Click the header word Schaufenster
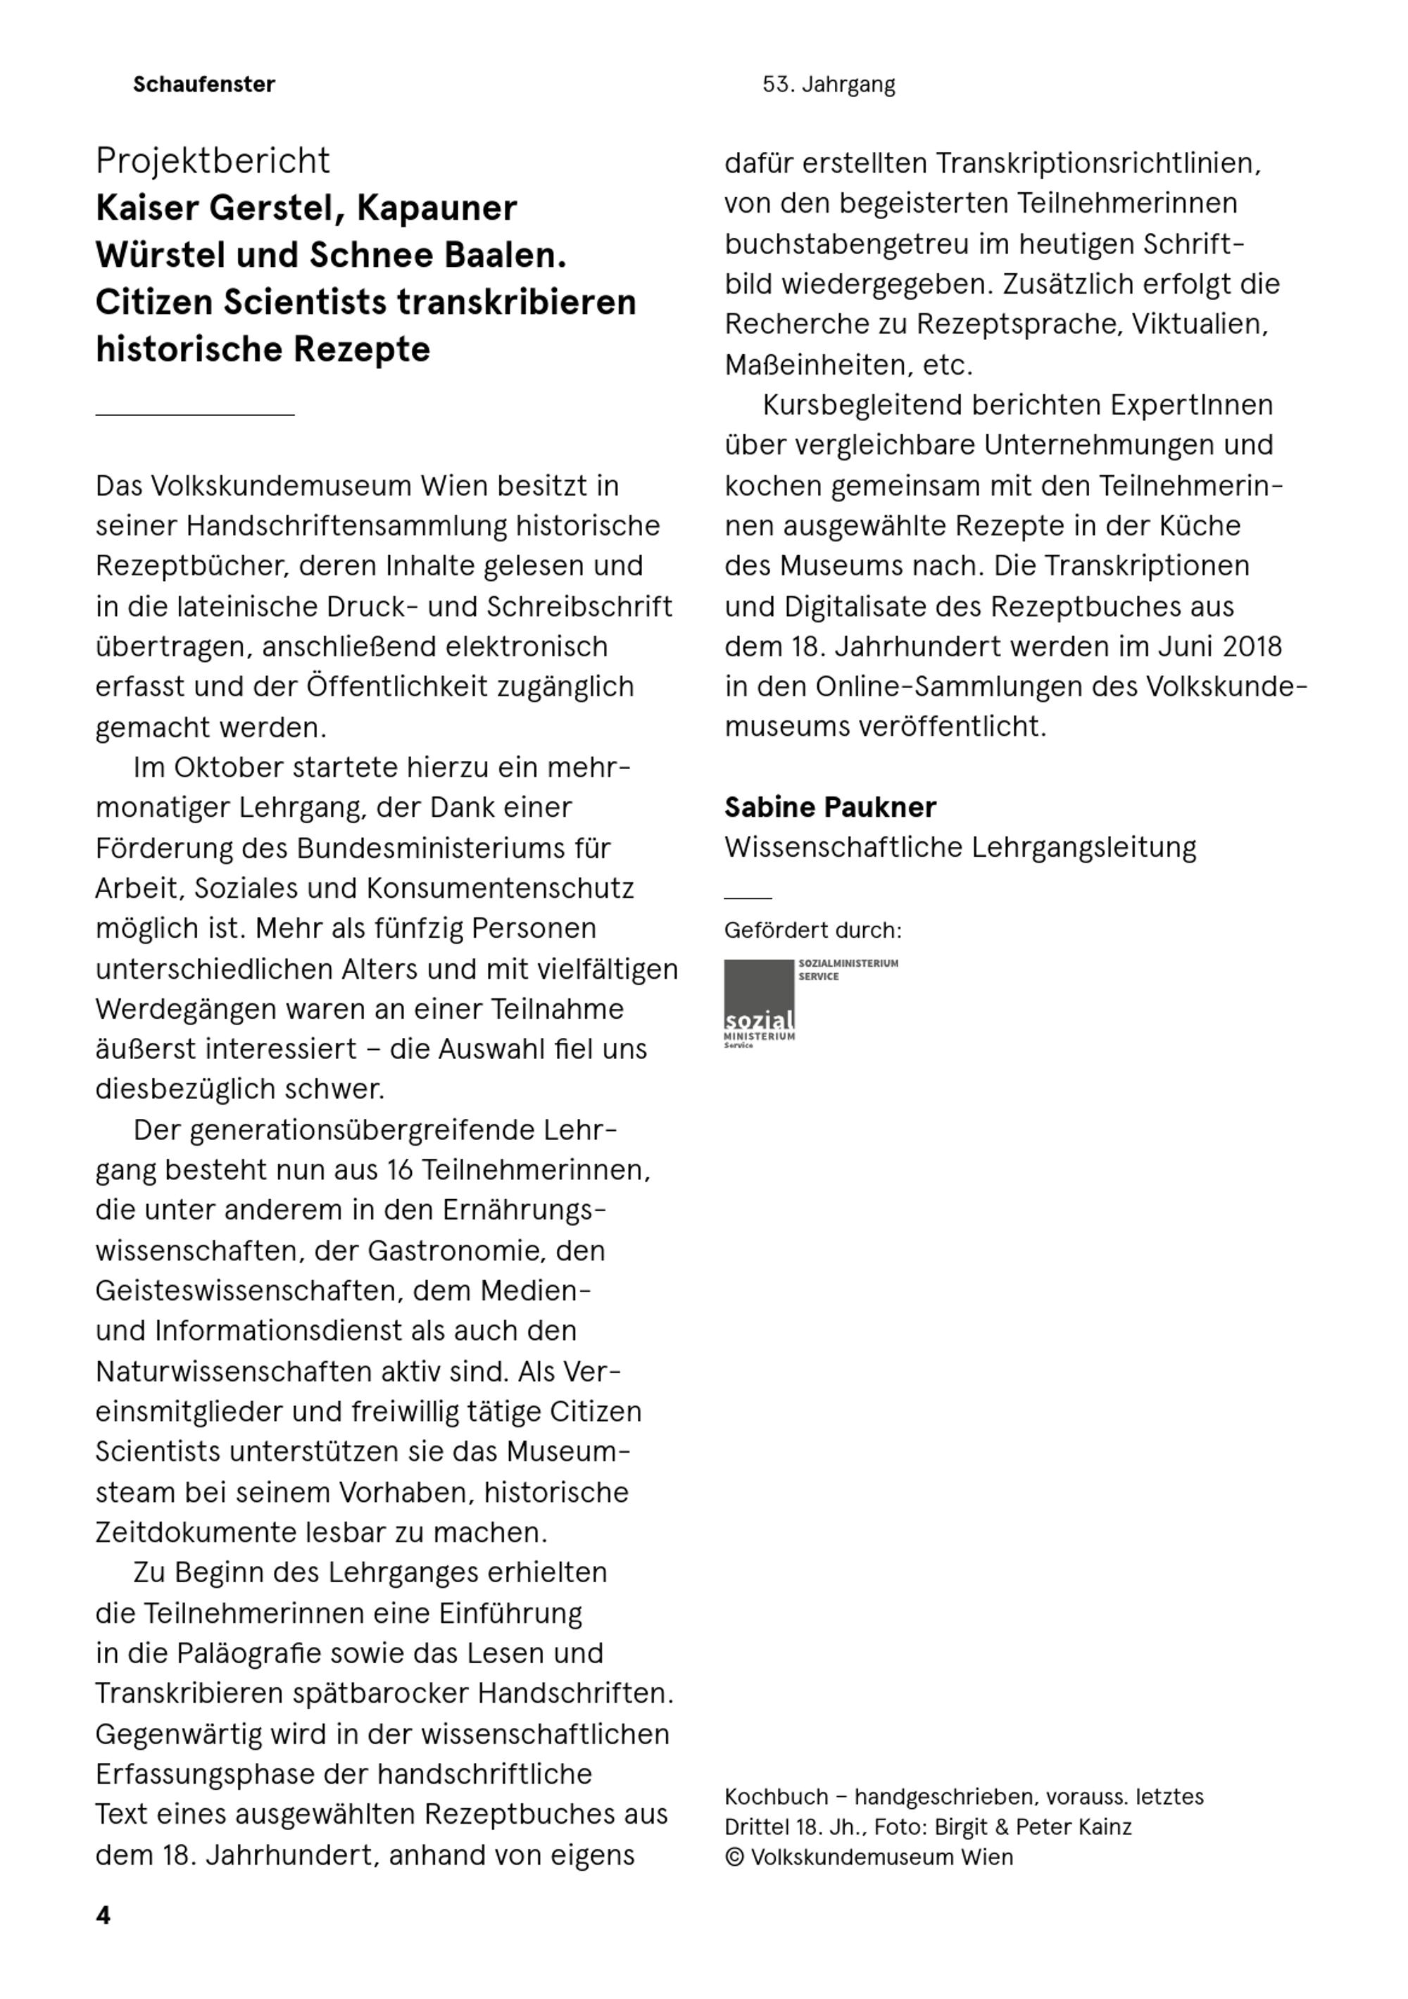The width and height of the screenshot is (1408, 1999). (203, 84)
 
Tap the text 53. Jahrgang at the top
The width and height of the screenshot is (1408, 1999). (828, 84)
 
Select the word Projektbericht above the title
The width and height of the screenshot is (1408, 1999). (213, 161)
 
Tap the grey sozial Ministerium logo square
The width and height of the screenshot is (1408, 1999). (758, 995)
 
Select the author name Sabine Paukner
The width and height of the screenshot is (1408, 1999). (830, 807)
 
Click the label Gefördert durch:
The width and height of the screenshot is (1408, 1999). (812, 931)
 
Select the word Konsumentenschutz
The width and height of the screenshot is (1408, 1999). (500, 888)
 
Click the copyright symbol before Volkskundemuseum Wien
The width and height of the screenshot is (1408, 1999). (734, 1857)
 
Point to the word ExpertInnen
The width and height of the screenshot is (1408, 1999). (1191, 405)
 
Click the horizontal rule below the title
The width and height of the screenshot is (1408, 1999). (195, 415)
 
